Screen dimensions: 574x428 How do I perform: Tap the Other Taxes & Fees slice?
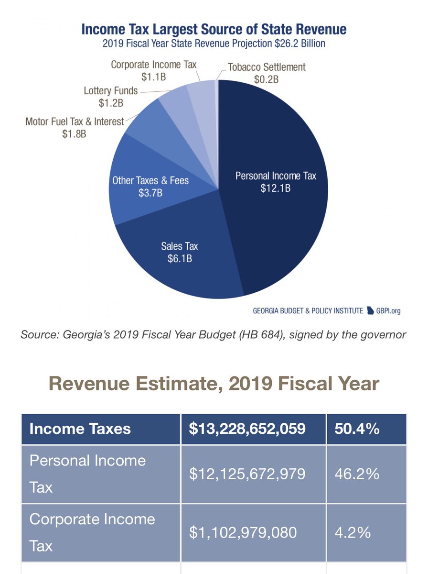coord(143,191)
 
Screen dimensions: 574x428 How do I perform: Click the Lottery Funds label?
coord(110,90)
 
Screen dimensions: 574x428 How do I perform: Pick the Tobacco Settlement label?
coord(266,67)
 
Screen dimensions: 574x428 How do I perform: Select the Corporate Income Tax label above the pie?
coord(153,64)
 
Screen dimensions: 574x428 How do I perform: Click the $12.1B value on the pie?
coord(276,188)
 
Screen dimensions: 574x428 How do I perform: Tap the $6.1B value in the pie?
coord(179,259)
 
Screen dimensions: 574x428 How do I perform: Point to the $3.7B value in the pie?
coord(150,193)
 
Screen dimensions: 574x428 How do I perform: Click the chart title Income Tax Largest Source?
coord(214,29)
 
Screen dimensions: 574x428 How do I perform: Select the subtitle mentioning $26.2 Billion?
coord(214,43)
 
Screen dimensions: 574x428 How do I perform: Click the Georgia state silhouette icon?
coord(370,310)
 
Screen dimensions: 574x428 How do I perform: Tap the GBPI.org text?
coord(388,311)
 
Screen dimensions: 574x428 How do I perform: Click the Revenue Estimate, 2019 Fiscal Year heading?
coord(214,384)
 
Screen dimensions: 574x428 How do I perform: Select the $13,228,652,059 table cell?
coord(253,429)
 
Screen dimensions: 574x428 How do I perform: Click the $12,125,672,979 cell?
coord(253,474)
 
